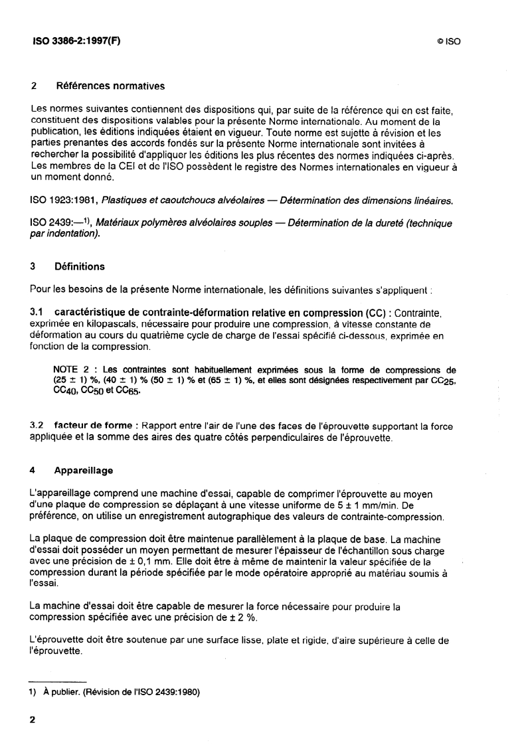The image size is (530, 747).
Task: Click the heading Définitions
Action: pyautogui.click(x=80, y=267)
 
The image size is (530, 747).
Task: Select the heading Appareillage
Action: pyautogui.click(x=85, y=471)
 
